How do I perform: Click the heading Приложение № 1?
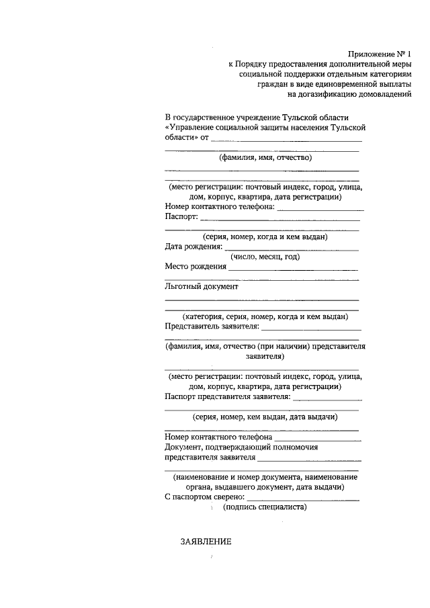click(x=379, y=53)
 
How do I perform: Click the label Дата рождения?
click(x=193, y=247)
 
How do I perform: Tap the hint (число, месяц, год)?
click(x=265, y=257)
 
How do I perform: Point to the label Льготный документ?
click(x=202, y=286)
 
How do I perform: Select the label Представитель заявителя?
click(x=211, y=327)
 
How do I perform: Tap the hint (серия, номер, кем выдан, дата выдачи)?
click(x=265, y=417)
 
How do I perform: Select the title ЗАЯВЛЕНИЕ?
click(x=206, y=542)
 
